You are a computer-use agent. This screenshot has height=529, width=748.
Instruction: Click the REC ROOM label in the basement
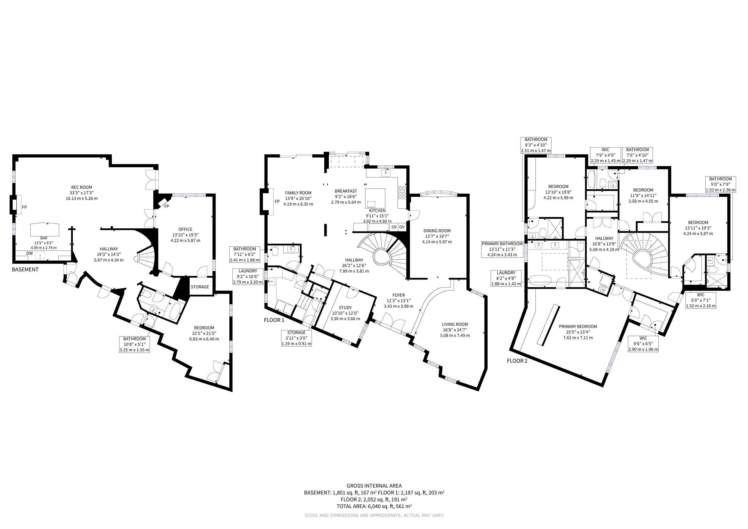point(81,187)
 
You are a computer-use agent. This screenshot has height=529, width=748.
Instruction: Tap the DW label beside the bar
point(29,253)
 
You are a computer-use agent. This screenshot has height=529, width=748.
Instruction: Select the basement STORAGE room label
point(200,287)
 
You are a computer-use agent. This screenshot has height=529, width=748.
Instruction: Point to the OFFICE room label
point(185,229)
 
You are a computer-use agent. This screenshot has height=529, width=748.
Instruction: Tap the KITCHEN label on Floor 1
point(377,211)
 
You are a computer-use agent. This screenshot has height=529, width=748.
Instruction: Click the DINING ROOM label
point(437,231)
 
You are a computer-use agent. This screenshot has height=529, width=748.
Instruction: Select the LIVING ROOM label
point(455,324)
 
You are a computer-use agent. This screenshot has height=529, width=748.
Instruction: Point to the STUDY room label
point(345,307)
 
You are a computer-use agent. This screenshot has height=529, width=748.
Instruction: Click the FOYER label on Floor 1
point(399,295)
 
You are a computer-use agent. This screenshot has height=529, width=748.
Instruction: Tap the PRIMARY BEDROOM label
point(578,326)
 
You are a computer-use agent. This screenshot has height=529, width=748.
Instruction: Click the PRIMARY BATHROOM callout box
point(502,249)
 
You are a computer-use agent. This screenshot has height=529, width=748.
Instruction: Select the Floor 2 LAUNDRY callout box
point(506,278)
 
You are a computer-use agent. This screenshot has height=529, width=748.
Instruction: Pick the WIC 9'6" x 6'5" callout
point(643,344)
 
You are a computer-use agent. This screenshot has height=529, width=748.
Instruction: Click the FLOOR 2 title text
point(517,361)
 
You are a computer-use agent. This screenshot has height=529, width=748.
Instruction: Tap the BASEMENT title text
point(25,269)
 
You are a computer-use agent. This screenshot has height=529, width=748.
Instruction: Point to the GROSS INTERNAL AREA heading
point(374,486)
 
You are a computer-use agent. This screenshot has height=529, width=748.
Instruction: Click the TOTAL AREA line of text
point(374,506)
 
